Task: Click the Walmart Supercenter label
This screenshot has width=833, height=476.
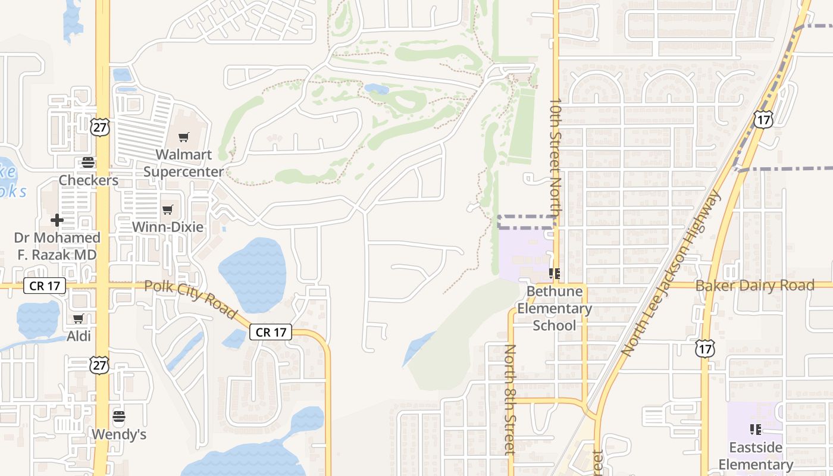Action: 183,163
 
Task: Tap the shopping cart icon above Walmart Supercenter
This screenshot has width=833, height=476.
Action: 183,137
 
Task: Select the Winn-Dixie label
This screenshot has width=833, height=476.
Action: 167,227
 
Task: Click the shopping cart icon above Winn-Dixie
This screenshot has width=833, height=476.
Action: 167,209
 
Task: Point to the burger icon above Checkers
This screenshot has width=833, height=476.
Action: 88,162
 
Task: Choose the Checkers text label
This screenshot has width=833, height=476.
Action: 88,180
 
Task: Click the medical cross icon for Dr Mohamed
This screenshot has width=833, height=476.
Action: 57,221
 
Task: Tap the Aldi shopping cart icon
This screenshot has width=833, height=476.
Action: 78,319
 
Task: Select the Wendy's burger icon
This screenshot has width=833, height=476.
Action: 119,416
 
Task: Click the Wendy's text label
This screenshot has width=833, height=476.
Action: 119,434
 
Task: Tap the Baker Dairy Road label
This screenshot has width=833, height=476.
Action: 754,286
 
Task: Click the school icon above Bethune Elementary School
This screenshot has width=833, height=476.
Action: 555,274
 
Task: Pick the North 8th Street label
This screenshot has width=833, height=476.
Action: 509,400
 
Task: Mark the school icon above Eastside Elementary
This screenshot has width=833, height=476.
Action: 756,429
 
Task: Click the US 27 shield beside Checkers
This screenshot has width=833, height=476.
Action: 100,126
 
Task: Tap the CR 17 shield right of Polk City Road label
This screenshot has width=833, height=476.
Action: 271,332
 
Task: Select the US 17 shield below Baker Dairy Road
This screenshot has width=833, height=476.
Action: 704,348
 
